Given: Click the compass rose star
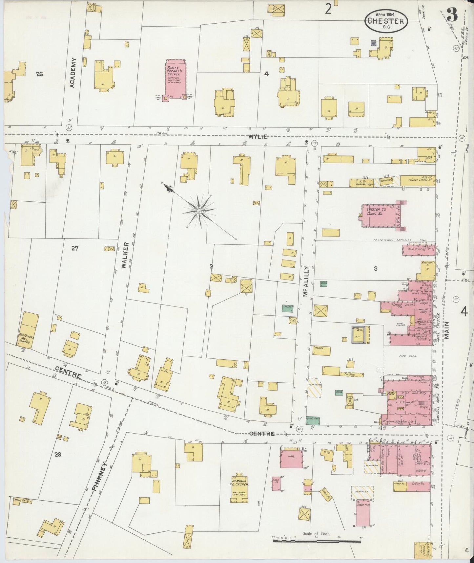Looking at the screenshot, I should [199, 210].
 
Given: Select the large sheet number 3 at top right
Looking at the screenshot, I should [452, 14].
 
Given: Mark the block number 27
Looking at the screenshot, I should [75, 249].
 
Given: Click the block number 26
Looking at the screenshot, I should [39, 74].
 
